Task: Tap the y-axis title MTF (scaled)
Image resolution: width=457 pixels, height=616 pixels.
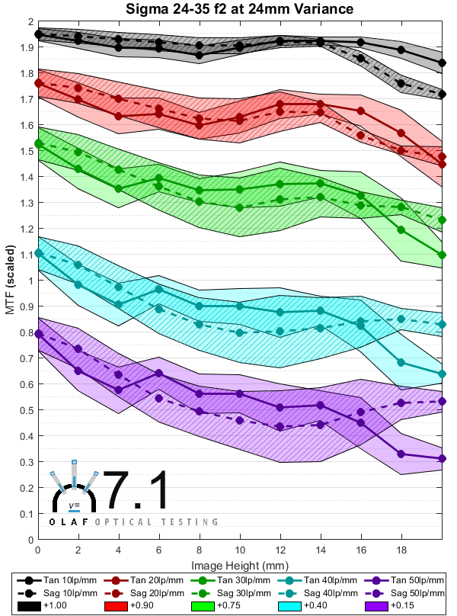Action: [x=11, y=281]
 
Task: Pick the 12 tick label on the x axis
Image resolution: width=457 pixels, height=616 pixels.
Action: [x=280, y=550]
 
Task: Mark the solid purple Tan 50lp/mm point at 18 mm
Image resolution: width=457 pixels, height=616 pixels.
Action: [x=401, y=454]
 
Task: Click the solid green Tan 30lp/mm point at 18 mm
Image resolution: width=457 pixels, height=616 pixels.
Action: [x=401, y=229]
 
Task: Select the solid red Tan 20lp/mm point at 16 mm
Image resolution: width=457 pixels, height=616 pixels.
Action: [x=361, y=111]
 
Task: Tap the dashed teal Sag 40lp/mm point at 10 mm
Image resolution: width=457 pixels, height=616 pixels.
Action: [x=240, y=332]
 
